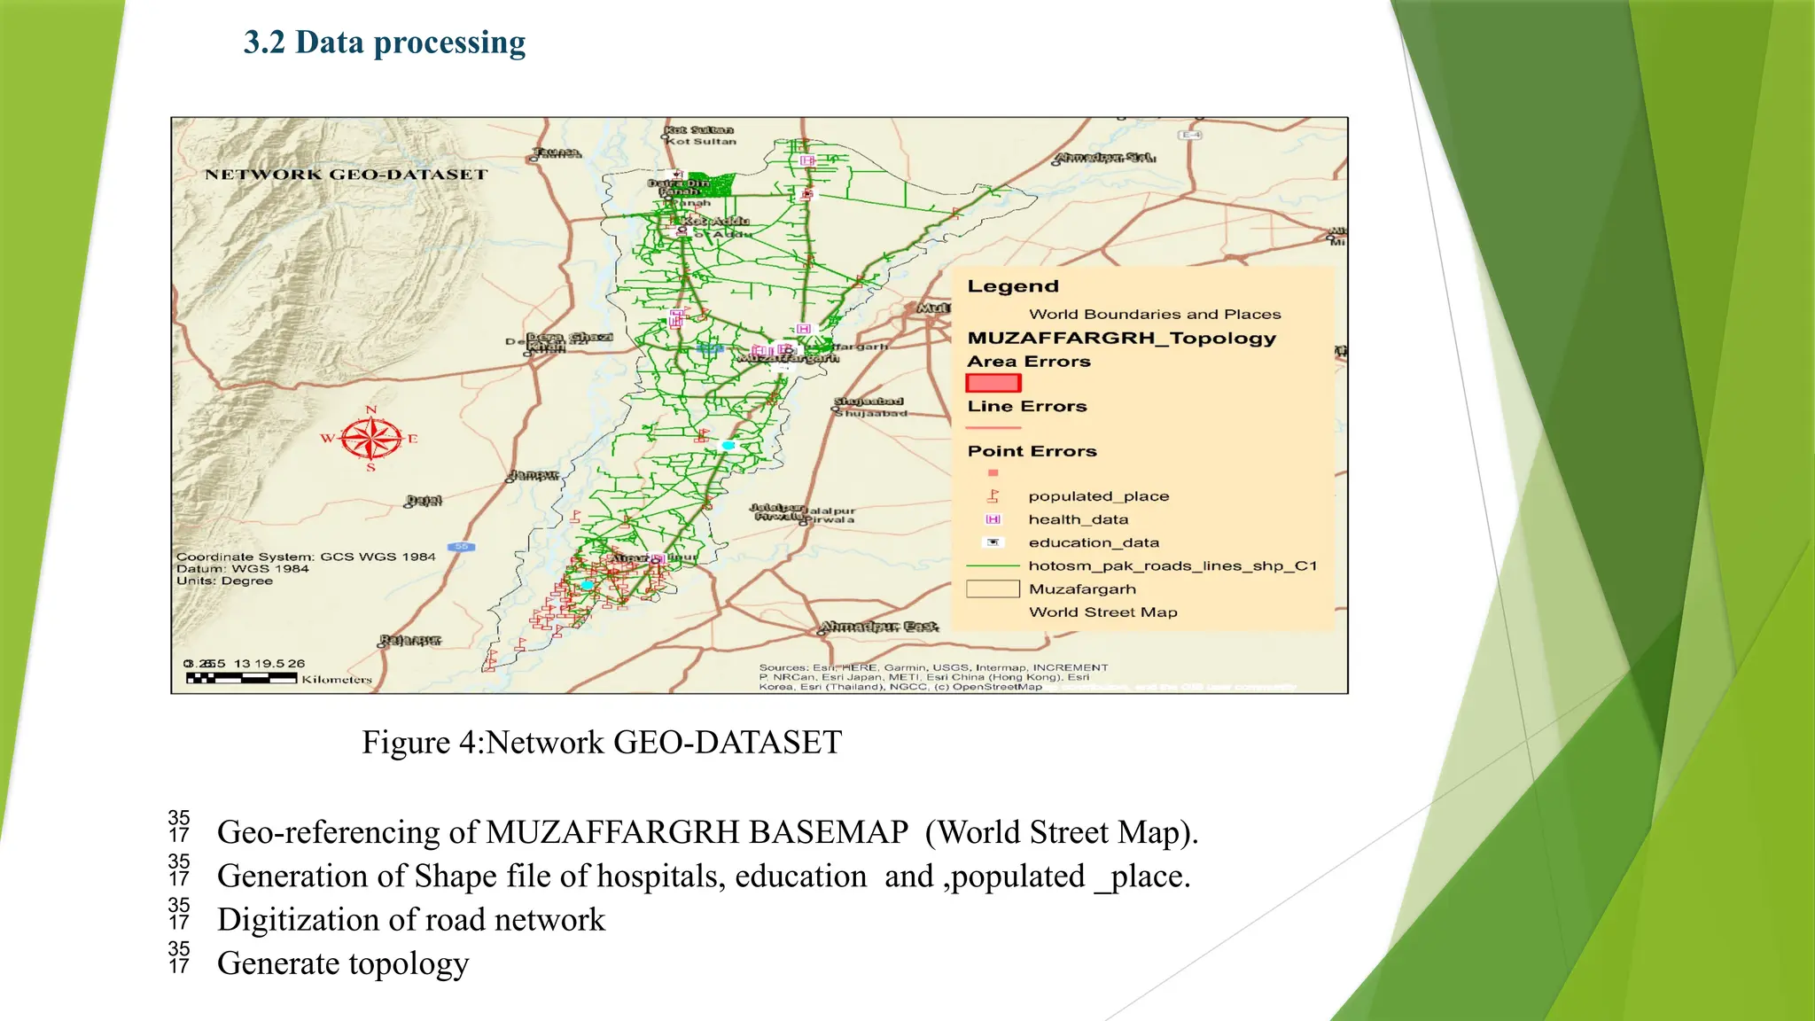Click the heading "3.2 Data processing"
tap(384, 43)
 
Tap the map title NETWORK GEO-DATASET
tap(347, 175)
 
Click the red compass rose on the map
tap(371, 438)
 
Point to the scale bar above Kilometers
tap(241, 678)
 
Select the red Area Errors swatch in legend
tap(993, 383)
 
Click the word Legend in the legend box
tap(1013, 286)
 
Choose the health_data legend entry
tap(1078, 519)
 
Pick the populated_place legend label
tap(1098, 496)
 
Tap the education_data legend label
tap(1094, 542)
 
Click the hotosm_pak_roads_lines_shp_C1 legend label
tap(1172, 565)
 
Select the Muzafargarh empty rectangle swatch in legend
tap(993, 588)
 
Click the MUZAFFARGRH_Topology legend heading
tap(1121, 338)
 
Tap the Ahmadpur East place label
tap(878, 627)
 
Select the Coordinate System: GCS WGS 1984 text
tap(306, 557)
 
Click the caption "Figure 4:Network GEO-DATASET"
tap(602, 742)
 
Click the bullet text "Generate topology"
tap(343, 963)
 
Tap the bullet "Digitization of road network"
tap(411, 920)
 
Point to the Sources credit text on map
tap(933, 677)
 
